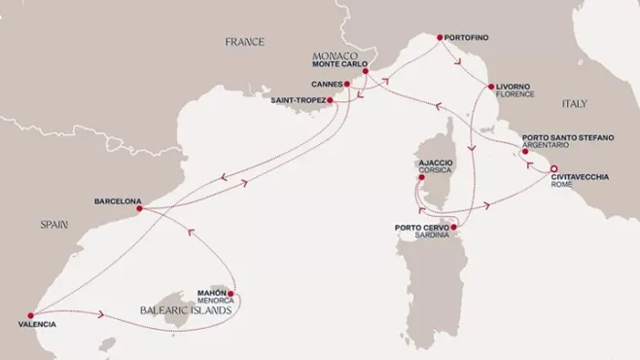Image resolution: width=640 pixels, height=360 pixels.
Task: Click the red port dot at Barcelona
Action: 140,208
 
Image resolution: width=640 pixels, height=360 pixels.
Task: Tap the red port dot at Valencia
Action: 30,315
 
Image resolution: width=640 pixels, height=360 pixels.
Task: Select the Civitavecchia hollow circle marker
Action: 553,169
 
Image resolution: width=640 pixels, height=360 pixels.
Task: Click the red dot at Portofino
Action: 440,39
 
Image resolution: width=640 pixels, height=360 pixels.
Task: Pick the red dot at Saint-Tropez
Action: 331,100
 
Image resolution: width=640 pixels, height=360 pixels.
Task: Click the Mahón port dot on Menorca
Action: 231,289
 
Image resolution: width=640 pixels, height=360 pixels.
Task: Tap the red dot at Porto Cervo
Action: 455,229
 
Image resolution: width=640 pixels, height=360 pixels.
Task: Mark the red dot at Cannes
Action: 345,84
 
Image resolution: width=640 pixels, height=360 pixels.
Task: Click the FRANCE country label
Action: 244,42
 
